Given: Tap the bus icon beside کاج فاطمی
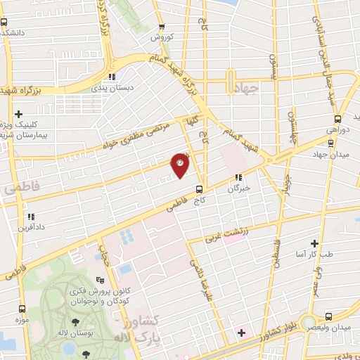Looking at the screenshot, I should [x=199, y=188].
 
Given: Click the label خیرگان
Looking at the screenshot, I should [x=239, y=189].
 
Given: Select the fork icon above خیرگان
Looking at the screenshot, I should [x=239, y=179].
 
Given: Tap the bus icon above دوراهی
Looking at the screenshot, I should [x=337, y=119].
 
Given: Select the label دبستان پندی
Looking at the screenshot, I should [x=111, y=89].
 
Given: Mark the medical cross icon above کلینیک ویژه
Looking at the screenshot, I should [x=18, y=113].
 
